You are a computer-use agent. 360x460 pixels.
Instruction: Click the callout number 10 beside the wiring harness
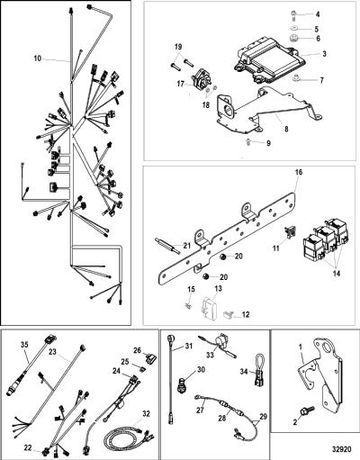tap(37, 59)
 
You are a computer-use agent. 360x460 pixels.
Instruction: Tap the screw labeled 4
tap(293, 15)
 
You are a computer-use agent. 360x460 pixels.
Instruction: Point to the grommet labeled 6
tap(293, 39)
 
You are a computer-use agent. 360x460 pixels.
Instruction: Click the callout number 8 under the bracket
tap(286, 130)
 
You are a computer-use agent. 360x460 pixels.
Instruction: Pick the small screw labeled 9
tap(248, 142)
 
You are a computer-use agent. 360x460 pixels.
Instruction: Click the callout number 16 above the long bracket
tap(299, 172)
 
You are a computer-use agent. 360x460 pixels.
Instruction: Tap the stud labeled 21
tap(167, 246)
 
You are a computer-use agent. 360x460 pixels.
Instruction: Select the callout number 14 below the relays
tap(337, 274)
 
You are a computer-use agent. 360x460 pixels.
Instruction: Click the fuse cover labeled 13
tap(208, 309)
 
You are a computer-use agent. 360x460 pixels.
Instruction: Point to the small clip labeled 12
tap(229, 314)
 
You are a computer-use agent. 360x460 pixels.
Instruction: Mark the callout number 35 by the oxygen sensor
tap(24, 345)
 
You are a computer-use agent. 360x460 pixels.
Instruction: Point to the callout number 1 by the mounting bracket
tap(301, 347)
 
